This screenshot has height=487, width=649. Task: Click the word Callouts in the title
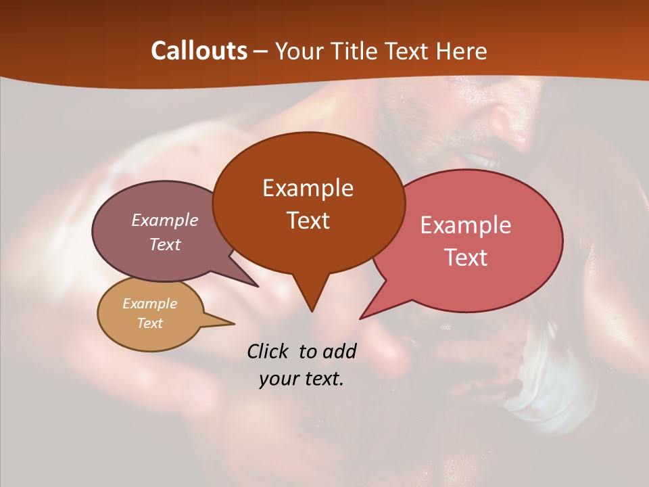click(199, 51)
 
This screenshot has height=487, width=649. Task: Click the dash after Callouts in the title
click(262, 51)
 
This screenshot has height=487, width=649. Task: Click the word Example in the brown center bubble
click(308, 188)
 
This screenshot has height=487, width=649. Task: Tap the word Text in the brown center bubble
click(308, 221)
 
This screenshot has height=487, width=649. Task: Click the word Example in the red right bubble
click(466, 225)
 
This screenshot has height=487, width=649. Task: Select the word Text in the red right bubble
click(466, 258)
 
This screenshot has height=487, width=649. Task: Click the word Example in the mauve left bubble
click(164, 220)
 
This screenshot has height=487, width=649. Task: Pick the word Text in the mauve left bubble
click(164, 244)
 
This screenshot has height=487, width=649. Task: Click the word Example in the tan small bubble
click(149, 304)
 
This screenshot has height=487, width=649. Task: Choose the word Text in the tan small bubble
click(149, 323)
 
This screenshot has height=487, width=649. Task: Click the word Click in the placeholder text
click(268, 351)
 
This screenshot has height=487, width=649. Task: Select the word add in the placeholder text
click(339, 351)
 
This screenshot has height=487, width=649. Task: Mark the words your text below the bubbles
click(302, 379)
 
